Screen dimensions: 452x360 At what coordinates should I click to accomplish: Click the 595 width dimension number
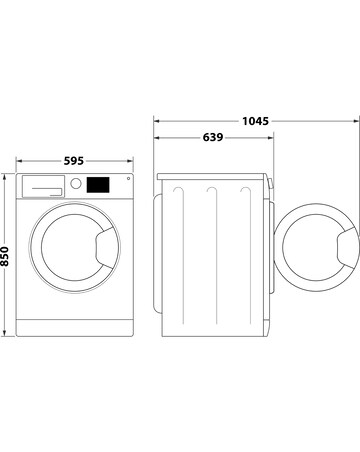click(75, 157)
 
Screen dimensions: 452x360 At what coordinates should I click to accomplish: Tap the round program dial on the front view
click(75, 184)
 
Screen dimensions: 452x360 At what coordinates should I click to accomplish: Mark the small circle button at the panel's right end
click(127, 180)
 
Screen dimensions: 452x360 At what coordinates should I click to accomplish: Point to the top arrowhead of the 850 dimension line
click(7, 176)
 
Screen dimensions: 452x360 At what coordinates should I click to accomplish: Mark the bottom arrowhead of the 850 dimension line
click(7, 332)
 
